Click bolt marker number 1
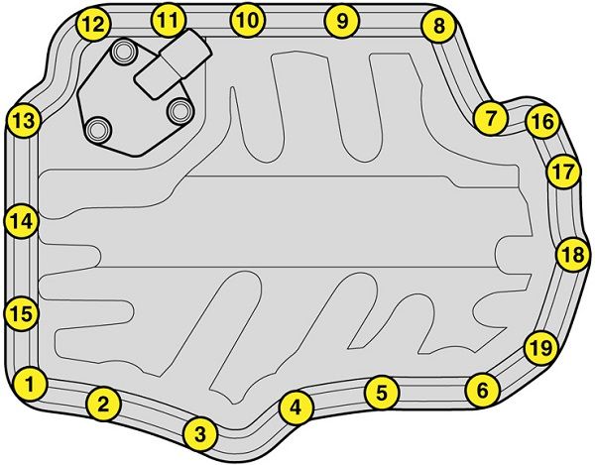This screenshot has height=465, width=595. coord(30,384)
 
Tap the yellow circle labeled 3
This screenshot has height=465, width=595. coord(200,434)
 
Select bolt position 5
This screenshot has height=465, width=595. coord(382,393)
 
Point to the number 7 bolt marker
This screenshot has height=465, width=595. coord(491,118)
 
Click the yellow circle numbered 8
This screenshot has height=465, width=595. coord(438,26)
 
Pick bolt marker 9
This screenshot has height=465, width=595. coord(342,21)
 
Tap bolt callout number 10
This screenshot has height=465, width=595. coord(248,20)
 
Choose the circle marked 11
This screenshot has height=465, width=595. coord(169,20)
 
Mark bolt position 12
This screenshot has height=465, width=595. coord(93,24)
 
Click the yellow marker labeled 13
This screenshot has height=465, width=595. coord(24,121)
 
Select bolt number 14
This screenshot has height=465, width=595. coord(21,221)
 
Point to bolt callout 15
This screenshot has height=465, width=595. coord(21,313)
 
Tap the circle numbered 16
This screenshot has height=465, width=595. coord(542,121)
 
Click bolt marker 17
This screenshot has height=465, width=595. coord(564,172)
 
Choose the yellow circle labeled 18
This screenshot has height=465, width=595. coord(574,254)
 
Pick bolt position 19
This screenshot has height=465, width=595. coord(541,347)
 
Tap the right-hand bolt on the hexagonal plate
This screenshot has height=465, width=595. coord(179,111)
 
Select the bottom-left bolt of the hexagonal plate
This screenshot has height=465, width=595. coord(98,129)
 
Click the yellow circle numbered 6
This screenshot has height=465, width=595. coord(483,390)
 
